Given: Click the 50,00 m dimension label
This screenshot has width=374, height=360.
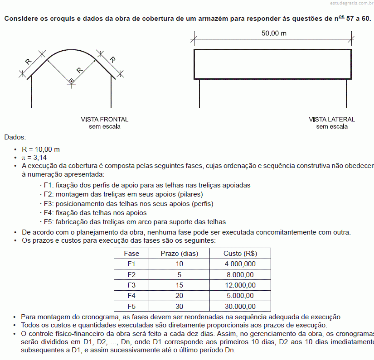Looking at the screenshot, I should pos(274,34).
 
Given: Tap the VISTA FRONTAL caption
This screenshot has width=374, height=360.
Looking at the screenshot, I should pos(105,120).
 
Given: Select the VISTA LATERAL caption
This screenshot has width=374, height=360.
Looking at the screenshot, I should pos(332,120).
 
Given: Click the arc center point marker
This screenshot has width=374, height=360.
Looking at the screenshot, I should pos(71,82).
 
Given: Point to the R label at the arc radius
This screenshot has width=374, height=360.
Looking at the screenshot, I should pos(80,70).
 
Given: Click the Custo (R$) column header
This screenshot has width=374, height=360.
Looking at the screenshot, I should pos(240,254).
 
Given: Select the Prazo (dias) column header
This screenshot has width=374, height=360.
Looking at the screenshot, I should pos(180,254).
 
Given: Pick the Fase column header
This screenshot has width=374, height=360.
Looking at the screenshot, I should pos(131,254).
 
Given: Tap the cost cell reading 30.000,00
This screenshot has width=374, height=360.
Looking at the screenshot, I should pos(240,307).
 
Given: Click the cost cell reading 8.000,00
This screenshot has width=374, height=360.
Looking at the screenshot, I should pos(240,275).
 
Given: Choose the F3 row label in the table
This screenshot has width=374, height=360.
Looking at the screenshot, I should pos(131,285).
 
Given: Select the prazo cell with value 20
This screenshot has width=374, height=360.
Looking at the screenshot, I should pos(180,296).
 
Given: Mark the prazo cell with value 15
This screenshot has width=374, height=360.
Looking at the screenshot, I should pos(180,285).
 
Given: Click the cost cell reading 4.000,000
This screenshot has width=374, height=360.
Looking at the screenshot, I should pos(240,264).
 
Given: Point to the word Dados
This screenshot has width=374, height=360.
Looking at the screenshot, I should pos(15,137).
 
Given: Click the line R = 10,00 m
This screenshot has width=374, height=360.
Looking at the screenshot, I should pos(41,149).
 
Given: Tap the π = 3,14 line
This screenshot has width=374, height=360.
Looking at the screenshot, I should pos(34,158).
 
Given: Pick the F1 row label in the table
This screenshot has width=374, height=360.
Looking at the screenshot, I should pos(131,264).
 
